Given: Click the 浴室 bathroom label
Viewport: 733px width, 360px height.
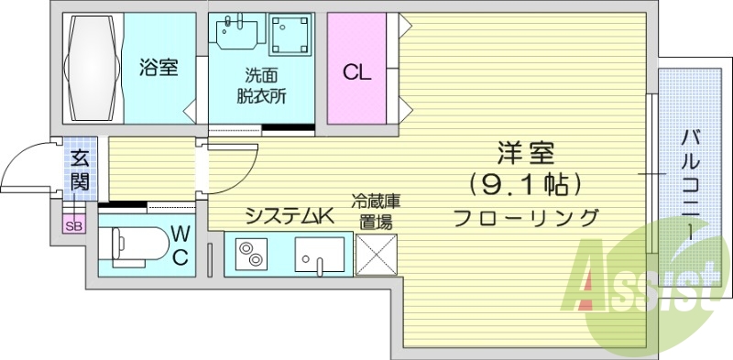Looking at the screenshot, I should [159, 67].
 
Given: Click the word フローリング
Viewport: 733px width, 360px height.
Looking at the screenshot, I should [526, 217].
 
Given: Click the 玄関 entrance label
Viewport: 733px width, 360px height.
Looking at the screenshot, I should [80, 169].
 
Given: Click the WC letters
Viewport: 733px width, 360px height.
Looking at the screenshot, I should [180, 245].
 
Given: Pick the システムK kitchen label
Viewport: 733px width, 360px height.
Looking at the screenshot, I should [287, 216].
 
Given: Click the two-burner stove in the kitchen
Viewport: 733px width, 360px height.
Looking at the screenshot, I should [249, 254].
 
